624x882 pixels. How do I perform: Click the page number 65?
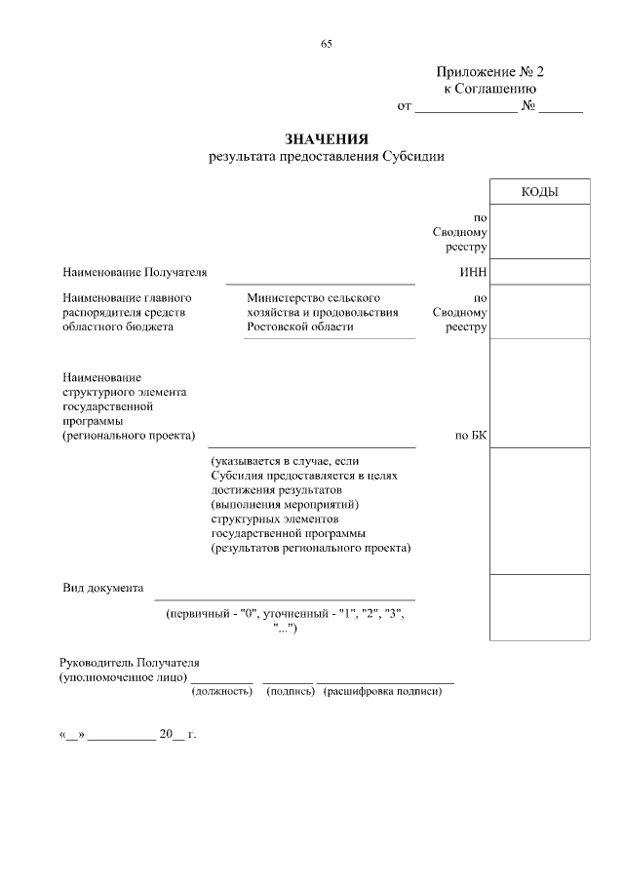coord(327,43)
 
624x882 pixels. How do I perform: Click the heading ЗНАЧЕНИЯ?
coord(327,139)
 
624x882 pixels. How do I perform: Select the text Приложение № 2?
coord(489,72)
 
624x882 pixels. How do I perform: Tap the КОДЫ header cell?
coord(539,192)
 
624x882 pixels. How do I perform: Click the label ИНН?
coord(473,272)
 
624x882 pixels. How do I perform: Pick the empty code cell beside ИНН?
coord(539,272)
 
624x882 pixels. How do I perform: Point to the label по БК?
coord(470,435)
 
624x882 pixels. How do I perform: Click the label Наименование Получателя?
coord(135,272)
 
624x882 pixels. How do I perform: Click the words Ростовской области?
coord(299,327)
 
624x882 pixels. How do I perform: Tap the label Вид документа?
coord(102,589)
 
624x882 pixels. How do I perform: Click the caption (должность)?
coord(221,691)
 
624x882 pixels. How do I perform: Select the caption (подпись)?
coord(290,691)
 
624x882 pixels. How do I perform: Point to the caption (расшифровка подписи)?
coord(384,691)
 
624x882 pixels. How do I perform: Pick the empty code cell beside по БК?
coord(539,393)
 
